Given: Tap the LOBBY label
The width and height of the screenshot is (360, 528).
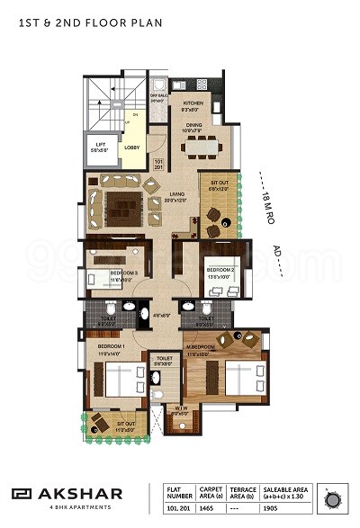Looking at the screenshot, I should [x=130, y=146].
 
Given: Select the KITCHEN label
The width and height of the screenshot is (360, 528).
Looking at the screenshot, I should [x=195, y=103].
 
